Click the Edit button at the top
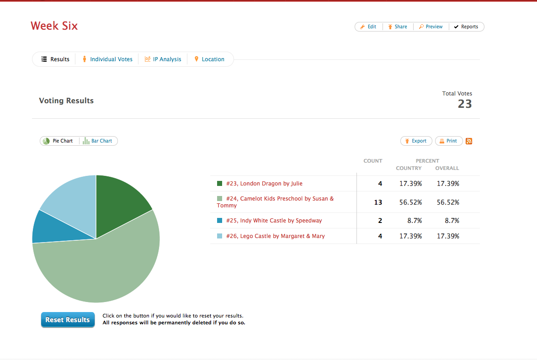[x=368, y=26]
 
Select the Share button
[x=398, y=26]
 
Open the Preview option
[x=431, y=26]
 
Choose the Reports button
[x=466, y=26]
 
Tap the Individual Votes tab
[x=107, y=59]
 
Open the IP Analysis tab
[x=163, y=59]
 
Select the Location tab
[x=209, y=59]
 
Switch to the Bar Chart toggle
[x=98, y=141]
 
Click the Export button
[x=416, y=141]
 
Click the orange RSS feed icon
[x=469, y=141]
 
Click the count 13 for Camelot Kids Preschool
[x=378, y=202]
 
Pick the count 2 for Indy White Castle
[x=380, y=221]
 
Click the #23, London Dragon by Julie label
[x=264, y=183]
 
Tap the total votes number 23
[x=465, y=104]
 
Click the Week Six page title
[x=54, y=26]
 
